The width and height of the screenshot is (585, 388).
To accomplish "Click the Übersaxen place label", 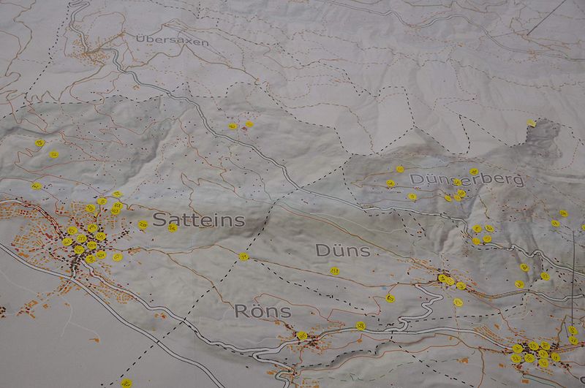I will pos(172,42).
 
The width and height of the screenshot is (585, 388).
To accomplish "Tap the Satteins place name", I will pos(198,220).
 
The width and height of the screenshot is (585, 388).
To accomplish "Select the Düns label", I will pos(341,250).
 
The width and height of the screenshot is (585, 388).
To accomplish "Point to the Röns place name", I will pos(262,311).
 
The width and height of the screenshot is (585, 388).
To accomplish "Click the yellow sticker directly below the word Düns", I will pos(334,271).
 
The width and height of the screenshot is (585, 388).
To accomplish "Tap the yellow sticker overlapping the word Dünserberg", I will pos(457,183).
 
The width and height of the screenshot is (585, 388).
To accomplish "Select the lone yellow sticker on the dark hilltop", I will pos(531,123).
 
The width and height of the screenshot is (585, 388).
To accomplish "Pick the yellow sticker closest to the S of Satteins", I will pos(143,224).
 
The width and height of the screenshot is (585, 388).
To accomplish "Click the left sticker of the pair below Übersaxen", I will pos(233,126).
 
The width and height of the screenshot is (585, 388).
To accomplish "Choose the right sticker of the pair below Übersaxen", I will pos(249,124).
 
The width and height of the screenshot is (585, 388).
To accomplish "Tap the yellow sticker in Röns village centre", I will pos(302,336).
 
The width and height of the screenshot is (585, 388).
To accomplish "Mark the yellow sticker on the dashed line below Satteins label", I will pos(244,256).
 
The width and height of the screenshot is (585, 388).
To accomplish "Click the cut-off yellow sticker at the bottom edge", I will pos(123,384).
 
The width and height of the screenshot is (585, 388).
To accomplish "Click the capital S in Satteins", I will pos(160,220).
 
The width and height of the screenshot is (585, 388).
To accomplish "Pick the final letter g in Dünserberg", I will pos(518,179).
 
